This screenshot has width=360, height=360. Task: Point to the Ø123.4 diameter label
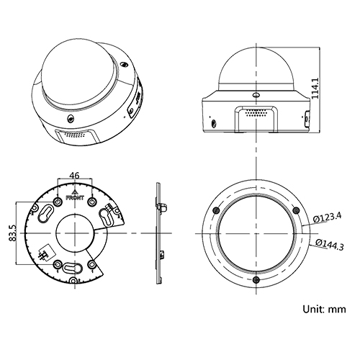[328, 217]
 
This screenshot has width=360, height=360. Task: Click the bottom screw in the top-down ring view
[256, 279]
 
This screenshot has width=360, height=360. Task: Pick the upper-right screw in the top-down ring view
[296, 210]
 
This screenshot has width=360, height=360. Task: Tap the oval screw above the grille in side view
[255, 94]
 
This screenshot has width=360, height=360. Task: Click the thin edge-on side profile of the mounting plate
[158, 234]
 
